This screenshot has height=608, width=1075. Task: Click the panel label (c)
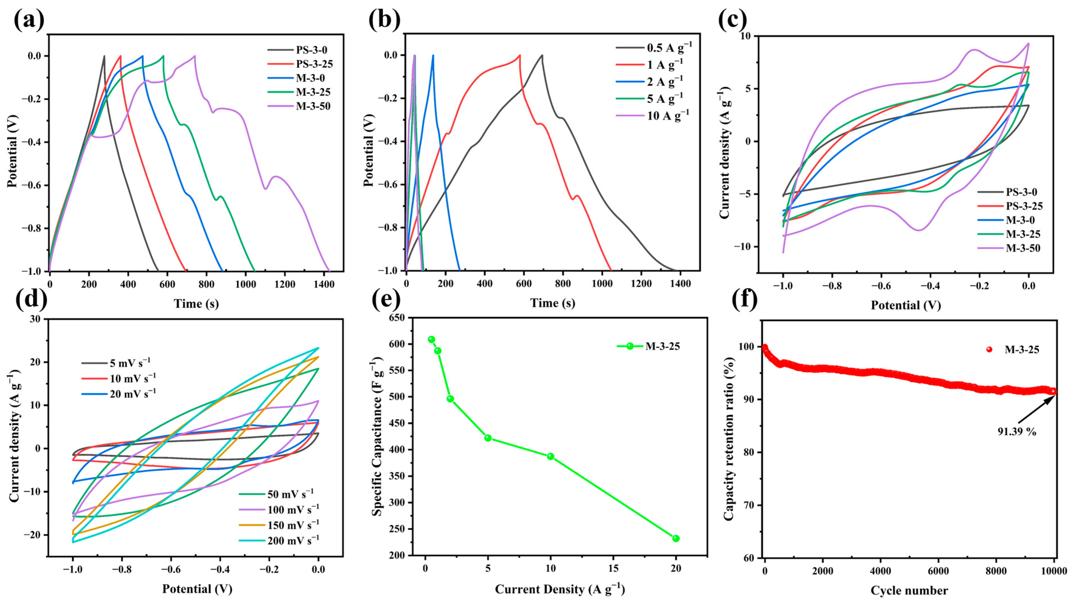click(733, 20)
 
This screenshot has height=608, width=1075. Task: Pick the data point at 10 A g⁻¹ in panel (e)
click(551, 456)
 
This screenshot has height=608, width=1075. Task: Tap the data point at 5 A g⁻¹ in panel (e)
click(488, 438)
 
